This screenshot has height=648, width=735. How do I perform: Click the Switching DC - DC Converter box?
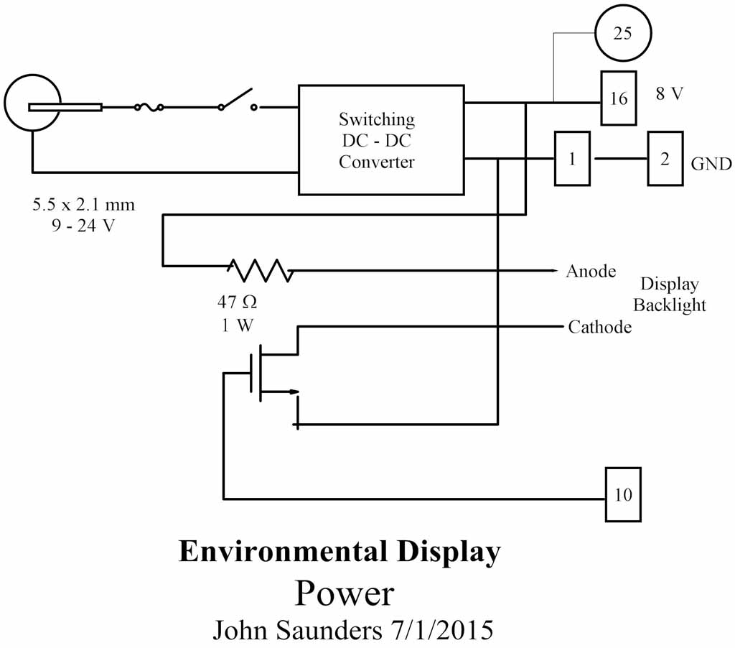380,139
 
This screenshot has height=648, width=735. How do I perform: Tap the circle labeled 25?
623,34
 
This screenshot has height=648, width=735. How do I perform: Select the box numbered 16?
618,98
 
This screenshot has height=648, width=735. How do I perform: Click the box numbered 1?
572,158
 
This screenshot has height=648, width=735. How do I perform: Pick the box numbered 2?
665,159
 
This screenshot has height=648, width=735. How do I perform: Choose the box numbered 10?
623,494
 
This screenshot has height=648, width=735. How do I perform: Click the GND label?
711,164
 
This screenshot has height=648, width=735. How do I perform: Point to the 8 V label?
670,94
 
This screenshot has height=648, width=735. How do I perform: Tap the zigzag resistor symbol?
260,270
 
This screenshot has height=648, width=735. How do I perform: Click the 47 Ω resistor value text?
236,301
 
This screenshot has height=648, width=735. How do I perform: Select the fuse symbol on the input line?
149,108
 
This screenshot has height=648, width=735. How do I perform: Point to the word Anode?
591,272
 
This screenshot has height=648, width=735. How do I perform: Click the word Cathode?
599,328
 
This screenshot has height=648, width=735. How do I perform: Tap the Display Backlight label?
669,294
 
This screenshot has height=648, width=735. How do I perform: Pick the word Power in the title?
345,593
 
